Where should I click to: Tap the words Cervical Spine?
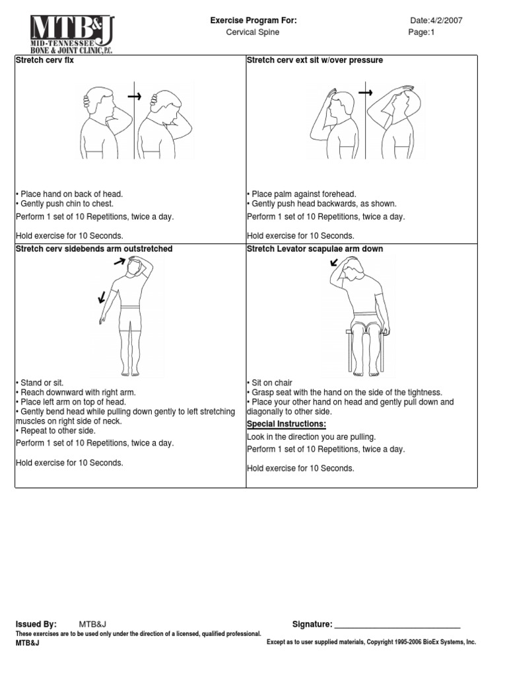253,32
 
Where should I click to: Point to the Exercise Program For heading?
253,20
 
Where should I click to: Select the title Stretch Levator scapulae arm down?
314,249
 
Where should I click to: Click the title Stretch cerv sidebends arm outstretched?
94,249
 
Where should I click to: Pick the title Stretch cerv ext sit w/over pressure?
314,60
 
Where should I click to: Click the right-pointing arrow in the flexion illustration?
135,97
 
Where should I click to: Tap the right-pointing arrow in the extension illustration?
365,92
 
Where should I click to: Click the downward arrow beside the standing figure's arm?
101,298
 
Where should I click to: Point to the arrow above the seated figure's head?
335,263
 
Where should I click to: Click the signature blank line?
397,624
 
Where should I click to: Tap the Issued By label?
36,624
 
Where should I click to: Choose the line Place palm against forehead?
302,194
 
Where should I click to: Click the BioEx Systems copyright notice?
370,642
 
